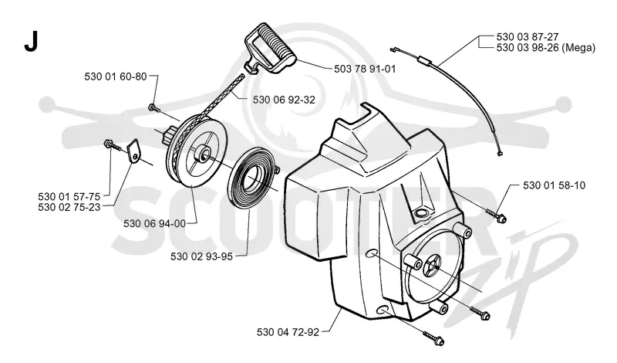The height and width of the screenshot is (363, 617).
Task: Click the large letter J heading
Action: pyautogui.click(x=31, y=42)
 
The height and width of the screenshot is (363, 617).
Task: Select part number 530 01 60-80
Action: pyautogui.click(x=116, y=76)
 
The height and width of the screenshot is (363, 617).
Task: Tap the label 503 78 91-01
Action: pyautogui.click(x=365, y=69)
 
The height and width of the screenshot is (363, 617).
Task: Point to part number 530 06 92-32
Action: pyautogui.click(x=284, y=100)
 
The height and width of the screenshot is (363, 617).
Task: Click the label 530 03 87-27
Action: pyautogui.click(x=528, y=36)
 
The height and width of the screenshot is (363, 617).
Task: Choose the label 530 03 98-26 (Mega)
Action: pyautogui.click(x=546, y=48)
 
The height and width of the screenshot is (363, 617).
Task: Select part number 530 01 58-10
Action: pyautogui.click(x=554, y=185)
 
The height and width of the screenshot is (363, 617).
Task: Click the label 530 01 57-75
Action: pyautogui.click(x=69, y=196)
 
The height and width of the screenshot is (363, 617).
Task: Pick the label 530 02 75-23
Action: pyautogui.click(x=69, y=207)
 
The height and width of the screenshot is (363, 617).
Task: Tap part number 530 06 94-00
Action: pyautogui.click(x=155, y=223)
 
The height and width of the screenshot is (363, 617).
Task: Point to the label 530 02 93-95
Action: pyautogui.click(x=201, y=256)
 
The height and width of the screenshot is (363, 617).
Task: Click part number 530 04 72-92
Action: pyautogui.click(x=288, y=332)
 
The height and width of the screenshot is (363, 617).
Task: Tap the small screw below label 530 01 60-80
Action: pyautogui.click(x=153, y=107)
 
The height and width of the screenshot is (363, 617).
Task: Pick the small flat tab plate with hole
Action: pyautogui.click(x=133, y=151)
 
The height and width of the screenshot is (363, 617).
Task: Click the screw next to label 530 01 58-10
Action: pyautogui.click(x=497, y=215)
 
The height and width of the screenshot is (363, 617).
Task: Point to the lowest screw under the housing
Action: pyautogui.click(x=433, y=338)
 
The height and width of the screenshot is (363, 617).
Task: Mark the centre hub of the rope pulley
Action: pyautogui.click(x=202, y=152)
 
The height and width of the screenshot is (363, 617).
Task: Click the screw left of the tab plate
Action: pyautogui.click(x=112, y=145)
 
